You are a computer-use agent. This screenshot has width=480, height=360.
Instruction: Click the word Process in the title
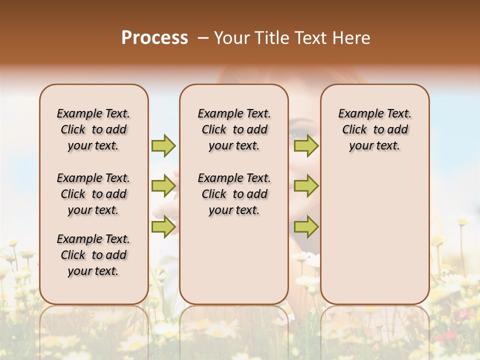[x=154, y=38]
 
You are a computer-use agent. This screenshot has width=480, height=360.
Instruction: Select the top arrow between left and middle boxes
[x=163, y=145]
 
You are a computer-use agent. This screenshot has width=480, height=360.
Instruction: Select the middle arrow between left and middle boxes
[x=163, y=186]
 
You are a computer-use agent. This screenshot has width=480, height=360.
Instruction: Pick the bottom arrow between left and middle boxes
[x=163, y=226]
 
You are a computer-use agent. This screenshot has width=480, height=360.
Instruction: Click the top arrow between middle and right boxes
[x=306, y=145]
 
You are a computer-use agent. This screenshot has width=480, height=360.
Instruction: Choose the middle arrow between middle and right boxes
[x=306, y=186]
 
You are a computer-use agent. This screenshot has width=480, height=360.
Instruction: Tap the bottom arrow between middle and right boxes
[x=306, y=226]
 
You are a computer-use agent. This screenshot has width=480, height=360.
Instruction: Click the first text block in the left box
[x=93, y=129]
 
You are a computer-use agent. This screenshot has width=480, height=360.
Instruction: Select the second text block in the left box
[x=93, y=194]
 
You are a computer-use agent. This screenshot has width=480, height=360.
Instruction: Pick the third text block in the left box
[x=93, y=255]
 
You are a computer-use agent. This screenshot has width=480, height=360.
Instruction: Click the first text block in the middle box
[x=234, y=129]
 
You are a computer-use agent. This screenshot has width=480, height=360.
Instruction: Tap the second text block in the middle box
[x=234, y=194]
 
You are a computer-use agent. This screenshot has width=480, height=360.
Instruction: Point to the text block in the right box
[x=374, y=129]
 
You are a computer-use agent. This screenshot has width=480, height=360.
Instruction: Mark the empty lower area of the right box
[x=374, y=235]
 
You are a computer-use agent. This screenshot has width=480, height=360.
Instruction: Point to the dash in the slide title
[x=203, y=38]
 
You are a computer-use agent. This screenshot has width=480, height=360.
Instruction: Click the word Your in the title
[x=232, y=38]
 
